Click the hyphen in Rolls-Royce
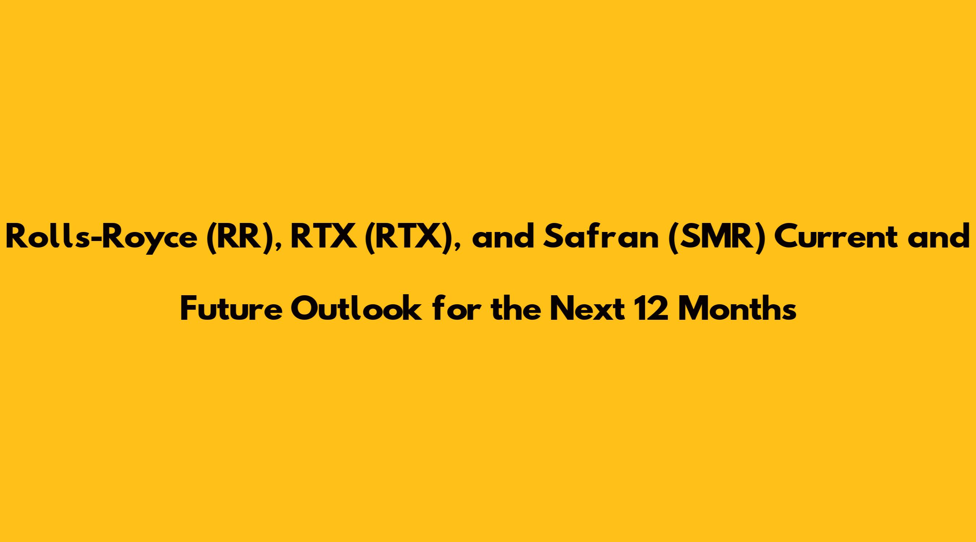pyautogui.click(x=85, y=241)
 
